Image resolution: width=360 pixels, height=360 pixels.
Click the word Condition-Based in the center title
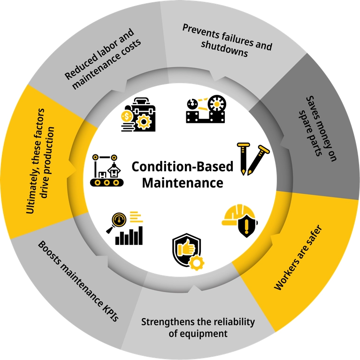182,167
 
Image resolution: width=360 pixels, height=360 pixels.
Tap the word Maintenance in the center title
183,183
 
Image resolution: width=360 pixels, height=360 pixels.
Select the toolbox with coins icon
138,115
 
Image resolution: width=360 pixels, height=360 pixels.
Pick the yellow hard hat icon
240,221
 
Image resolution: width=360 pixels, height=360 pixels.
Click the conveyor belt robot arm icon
107,170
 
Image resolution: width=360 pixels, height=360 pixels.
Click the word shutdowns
224,49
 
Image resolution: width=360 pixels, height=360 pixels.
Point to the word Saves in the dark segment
314,109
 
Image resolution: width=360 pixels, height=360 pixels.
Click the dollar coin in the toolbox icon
127,116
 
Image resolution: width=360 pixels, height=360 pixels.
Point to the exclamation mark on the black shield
247,225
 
